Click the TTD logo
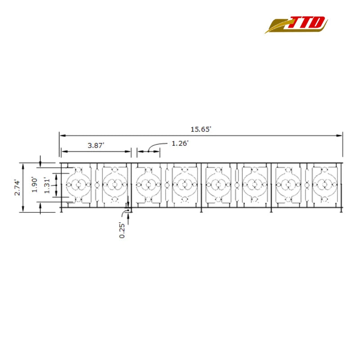(296, 25)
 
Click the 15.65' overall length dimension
(201, 129)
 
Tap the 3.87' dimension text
(96, 145)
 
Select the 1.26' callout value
(180, 143)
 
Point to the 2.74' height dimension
(17, 188)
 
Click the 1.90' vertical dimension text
(35, 184)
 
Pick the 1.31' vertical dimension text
(47, 185)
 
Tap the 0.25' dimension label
(122, 230)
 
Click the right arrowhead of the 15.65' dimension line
(339, 135)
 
